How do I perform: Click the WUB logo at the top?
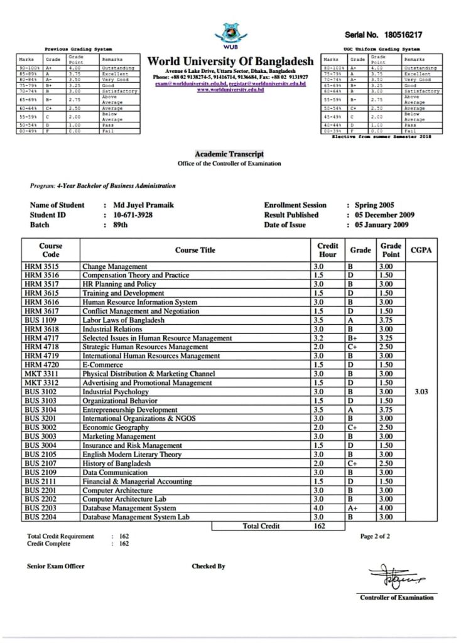[230, 33]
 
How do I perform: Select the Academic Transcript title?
[229, 154]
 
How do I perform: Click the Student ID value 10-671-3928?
[133, 215]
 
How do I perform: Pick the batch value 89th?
[121, 225]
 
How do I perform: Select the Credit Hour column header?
[327, 250]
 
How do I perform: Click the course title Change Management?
[115, 267]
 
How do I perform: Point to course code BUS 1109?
[41, 320]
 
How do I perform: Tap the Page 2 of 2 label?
[376, 536]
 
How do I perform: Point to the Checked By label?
[209, 566]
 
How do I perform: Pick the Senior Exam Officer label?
[56, 566]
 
